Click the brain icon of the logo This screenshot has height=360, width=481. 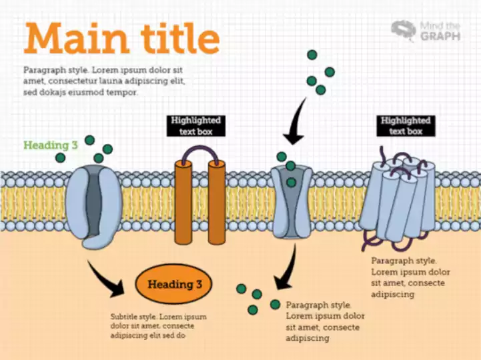(404, 30)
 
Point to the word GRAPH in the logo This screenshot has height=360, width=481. (440, 37)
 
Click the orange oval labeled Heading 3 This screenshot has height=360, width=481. (174, 285)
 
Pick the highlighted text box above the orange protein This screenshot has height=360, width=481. (195, 126)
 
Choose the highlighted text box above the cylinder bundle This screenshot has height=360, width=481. (406, 126)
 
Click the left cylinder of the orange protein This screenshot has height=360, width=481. (183, 203)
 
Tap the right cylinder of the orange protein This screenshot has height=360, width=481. (217, 203)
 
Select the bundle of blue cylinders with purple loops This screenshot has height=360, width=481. (397, 197)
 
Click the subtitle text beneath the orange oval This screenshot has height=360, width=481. (158, 327)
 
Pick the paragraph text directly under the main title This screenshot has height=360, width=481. (103, 81)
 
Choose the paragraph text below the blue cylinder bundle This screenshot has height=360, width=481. (410, 277)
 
